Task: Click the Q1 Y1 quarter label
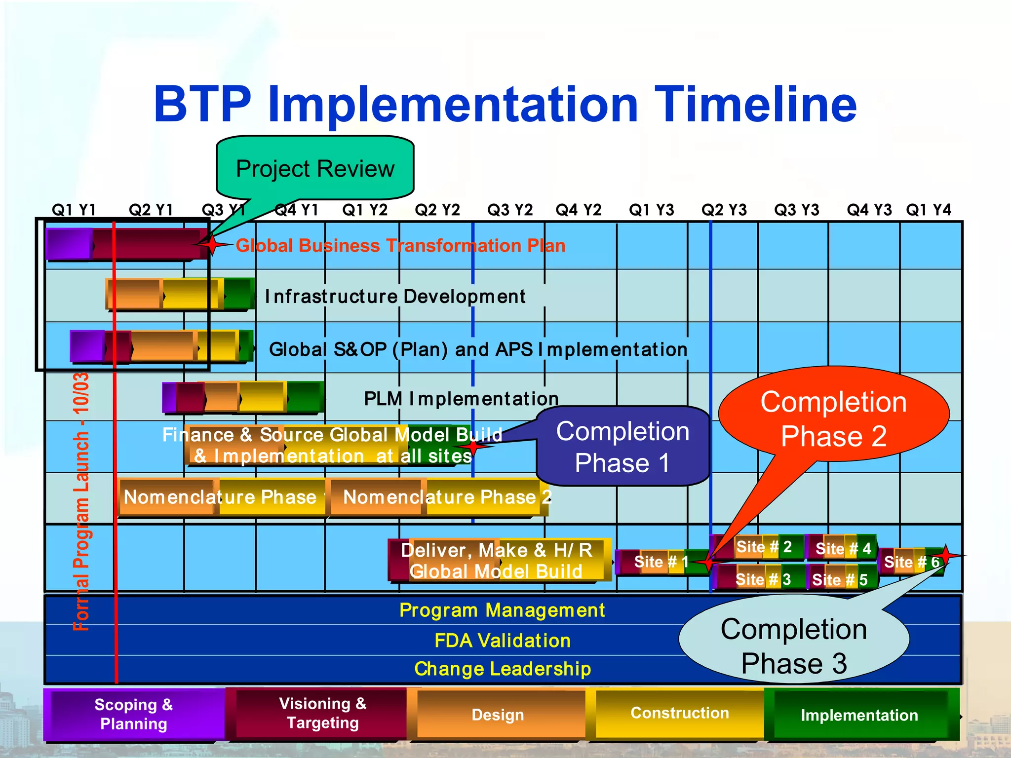pos(74,210)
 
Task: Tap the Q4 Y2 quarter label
pos(578,210)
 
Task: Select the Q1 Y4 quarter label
pos(928,210)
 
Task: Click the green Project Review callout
pos(315,168)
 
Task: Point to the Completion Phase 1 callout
pos(622,447)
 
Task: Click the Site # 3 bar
pos(763,579)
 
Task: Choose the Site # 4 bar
pos(842,548)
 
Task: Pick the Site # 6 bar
pos(911,562)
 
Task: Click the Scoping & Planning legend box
pos(133,714)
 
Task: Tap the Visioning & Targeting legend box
pos(322,713)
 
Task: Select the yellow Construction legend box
pos(679,713)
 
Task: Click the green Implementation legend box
pos(859,715)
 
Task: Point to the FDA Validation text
pos(502,641)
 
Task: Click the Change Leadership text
pos(502,669)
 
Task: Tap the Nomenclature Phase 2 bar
pos(439,497)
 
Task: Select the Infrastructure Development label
pos(395,297)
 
